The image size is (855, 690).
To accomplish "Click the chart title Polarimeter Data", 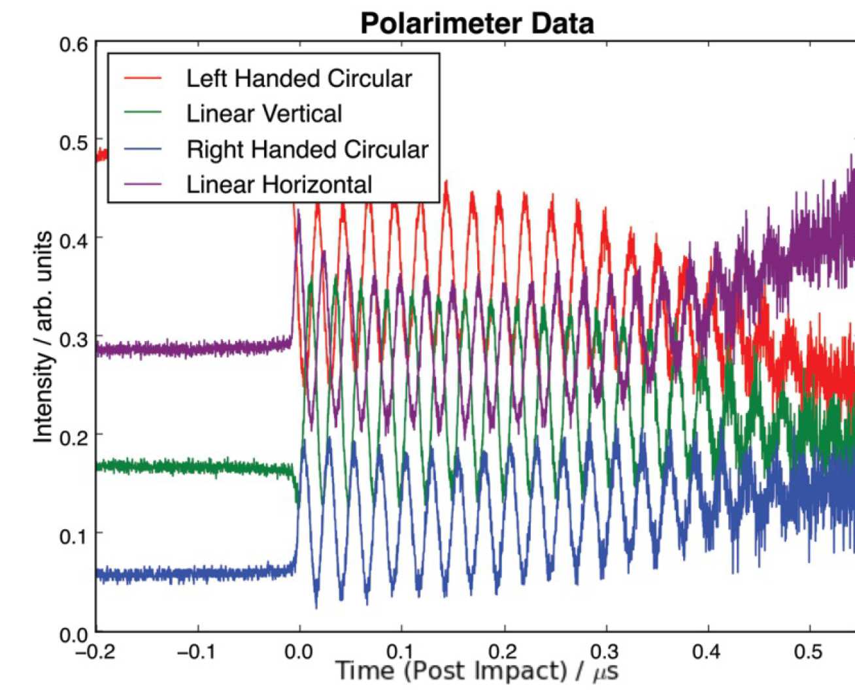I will pyautogui.click(x=477, y=24).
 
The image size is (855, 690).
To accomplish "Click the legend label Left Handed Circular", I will pyautogui.click(x=299, y=78).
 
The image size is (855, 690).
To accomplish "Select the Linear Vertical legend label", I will pyautogui.click(x=264, y=114).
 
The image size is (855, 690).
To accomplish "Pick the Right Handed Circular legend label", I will pyautogui.click(x=307, y=149).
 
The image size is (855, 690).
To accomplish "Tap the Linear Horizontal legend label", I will pyautogui.click(x=279, y=184).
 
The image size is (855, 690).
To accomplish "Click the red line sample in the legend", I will pyautogui.click(x=142, y=78).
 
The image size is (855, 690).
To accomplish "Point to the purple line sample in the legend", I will pyautogui.click(x=142, y=184).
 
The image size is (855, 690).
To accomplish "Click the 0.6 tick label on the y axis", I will pyautogui.click(x=73, y=44).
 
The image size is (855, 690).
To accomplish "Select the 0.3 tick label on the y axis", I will pyautogui.click(x=73, y=340).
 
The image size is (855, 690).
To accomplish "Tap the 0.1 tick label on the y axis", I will pyautogui.click(x=73, y=536).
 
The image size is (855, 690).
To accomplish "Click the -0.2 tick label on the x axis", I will pyautogui.click(x=96, y=651).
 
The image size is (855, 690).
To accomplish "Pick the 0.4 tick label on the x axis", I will pyautogui.click(x=707, y=651).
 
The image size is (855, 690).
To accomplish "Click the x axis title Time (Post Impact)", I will pyautogui.click(x=451, y=671).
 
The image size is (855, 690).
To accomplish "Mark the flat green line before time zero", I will pyautogui.click(x=196, y=467).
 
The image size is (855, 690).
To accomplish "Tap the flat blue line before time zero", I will pyautogui.click(x=196, y=574).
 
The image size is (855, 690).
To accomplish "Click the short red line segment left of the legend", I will pyautogui.click(x=102, y=155).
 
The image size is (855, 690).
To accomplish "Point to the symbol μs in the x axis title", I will pyautogui.click(x=605, y=672).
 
